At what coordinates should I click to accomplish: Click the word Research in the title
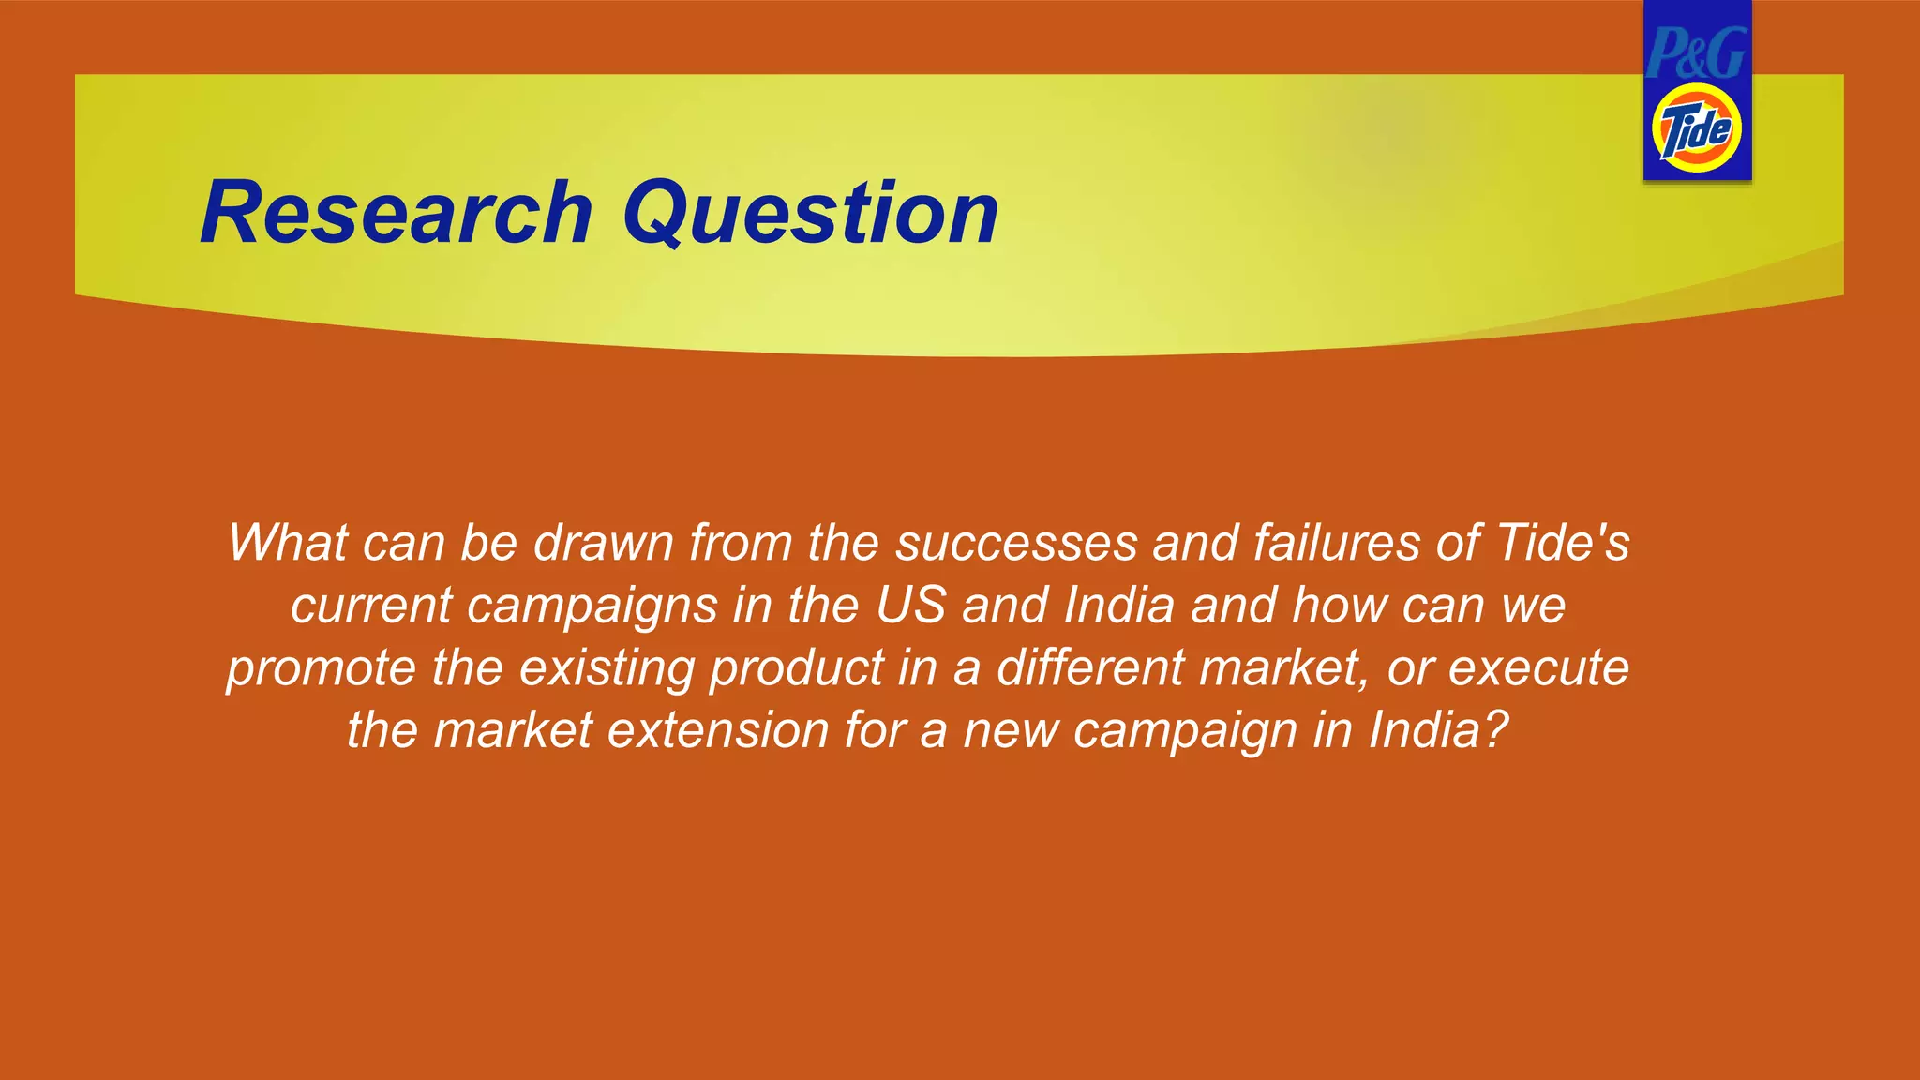tap(397, 214)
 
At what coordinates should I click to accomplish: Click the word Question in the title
tap(811, 214)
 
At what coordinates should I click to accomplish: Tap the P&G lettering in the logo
tap(1697, 53)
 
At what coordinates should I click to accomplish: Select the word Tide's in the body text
tap(1563, 543)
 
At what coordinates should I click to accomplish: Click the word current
tap(371, 606)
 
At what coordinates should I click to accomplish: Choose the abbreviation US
tap(910, 606)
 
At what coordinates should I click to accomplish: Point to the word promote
tap(321, 669)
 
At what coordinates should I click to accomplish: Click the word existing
tap(607, 669)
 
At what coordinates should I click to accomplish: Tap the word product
tap(797, 669)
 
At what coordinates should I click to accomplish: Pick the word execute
tap(1538, 667)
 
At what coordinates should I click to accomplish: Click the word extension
tap(718, 730)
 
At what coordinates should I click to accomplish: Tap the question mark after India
tap(1494, 730)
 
